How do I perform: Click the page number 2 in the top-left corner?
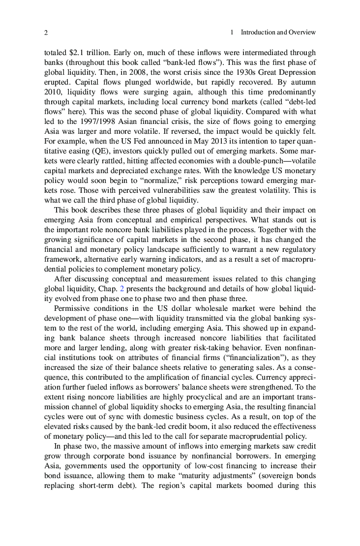coord(46,32)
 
